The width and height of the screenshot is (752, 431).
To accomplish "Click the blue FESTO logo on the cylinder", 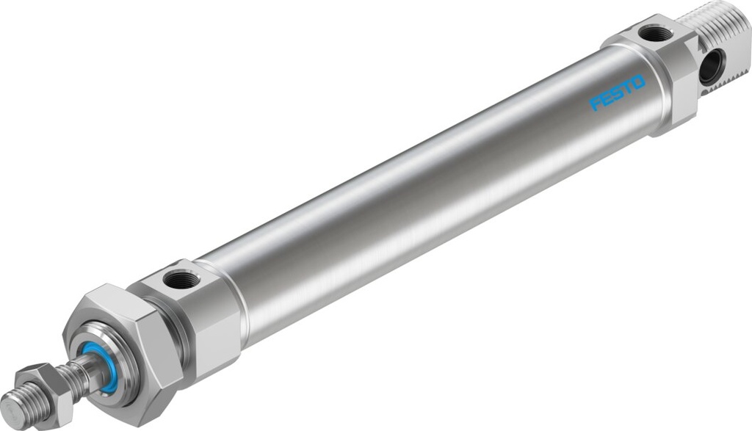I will coord(618,93).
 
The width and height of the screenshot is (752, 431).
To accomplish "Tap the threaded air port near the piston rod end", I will coord(177,279).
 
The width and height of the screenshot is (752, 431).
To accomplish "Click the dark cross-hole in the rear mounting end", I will coord(710,68).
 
